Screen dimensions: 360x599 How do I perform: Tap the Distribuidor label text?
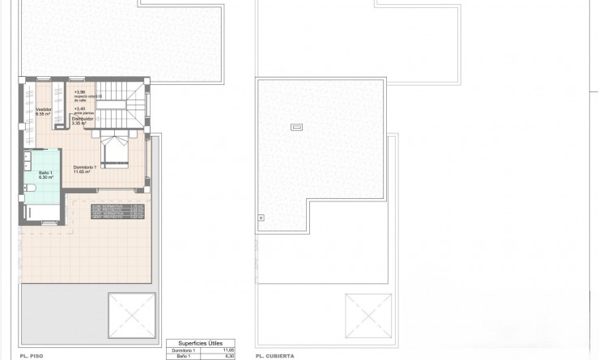pos(82,121)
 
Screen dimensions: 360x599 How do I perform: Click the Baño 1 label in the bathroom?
pos(45,174)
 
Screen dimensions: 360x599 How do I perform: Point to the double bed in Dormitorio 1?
pos(113,149)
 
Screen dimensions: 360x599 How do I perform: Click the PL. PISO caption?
pos(32,355)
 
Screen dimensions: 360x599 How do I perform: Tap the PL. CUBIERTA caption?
pos(275,355)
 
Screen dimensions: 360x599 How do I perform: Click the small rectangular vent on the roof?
pos(297,127)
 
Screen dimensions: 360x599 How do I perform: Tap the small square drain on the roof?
pos(261,217)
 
